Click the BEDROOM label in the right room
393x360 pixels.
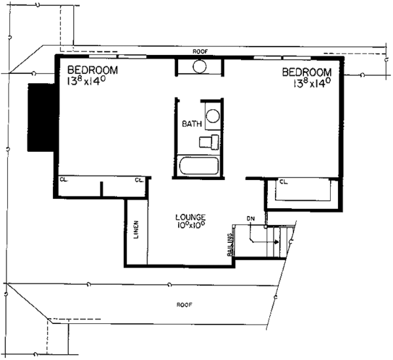click(x=307, y=71)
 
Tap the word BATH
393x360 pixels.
click(x=192, y=123)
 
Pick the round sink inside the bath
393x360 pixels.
click(x=214, y=118)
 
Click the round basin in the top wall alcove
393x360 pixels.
click(x=200, y=66)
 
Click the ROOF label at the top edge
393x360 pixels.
click(x=200, y=50)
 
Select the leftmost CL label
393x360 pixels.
click(x=64, y=179)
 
